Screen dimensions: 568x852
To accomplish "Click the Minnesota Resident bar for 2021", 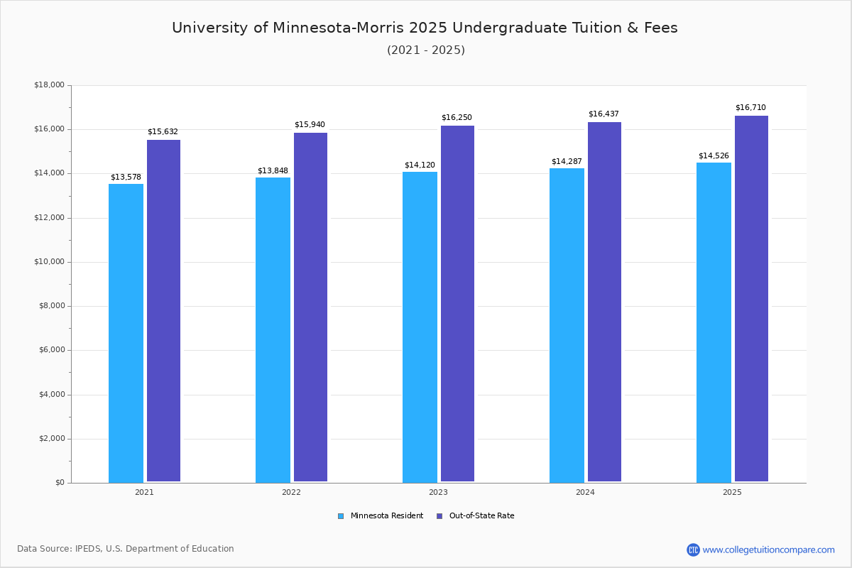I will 126,333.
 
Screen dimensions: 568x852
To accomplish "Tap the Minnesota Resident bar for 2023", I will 420,327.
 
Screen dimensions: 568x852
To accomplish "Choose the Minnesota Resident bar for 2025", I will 714,322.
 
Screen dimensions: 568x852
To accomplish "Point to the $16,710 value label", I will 750,108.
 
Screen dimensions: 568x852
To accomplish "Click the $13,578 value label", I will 126,177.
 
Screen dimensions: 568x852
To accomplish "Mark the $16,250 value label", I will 457,118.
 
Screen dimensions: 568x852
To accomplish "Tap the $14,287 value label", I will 567,161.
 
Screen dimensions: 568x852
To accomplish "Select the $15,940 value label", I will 310,125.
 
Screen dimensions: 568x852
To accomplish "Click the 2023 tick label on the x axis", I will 438,492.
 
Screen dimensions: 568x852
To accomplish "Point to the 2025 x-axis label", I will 732,492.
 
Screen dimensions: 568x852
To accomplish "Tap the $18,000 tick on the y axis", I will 49,85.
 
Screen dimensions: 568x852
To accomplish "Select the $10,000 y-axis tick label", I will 49,262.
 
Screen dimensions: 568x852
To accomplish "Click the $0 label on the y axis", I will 59,483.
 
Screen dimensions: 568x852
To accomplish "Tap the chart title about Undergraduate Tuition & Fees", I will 425,28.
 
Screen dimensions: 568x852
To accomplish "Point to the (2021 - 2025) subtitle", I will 426,50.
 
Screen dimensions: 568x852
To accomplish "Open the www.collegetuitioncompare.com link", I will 768,550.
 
